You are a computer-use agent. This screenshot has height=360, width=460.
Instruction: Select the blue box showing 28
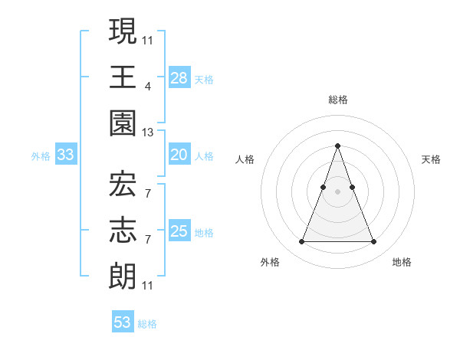(179, 77)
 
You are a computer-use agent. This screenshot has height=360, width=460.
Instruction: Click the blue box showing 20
(179, 155)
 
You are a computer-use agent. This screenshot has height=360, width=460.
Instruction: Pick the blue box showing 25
(179, 231)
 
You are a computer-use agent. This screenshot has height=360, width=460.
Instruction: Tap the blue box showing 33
(66, 155)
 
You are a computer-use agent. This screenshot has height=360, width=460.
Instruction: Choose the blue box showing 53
(123, 322)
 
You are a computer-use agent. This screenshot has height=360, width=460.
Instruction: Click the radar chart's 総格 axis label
(337, 100)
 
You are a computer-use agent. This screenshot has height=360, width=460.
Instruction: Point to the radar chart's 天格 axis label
(432, 159)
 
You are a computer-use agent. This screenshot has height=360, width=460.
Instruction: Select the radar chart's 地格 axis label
(402, 262)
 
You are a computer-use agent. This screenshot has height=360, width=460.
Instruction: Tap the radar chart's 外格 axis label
(270, 262)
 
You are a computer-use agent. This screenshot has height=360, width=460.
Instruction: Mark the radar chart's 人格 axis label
(245, 159)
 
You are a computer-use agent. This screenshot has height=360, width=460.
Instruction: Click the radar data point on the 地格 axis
(374, 242)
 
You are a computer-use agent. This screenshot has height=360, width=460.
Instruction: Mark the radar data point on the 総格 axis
(337, 146)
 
